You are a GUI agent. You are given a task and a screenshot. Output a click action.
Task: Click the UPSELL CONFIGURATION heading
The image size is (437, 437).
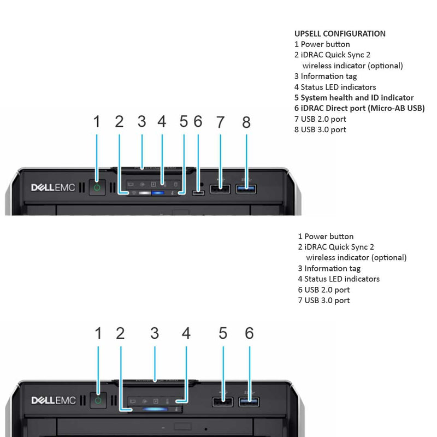(x=340, y=34)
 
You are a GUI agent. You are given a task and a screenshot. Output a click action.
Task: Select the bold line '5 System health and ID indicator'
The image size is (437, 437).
(x=354, y=98)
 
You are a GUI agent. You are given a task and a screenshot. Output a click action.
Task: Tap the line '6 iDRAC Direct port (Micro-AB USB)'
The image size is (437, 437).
(x=359, y=108)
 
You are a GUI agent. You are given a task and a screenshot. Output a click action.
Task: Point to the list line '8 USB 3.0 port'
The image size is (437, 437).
(x=320, y=129)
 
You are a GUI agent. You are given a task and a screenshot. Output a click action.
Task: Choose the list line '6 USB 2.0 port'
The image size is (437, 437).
(x=324, y=290)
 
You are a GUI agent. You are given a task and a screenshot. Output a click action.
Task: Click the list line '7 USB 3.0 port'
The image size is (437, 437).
(x=324, y=300)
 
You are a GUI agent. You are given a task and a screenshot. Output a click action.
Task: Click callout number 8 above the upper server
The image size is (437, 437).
(x=246, y=122)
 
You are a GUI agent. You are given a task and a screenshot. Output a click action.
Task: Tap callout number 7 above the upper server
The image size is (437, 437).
(x=220, y=122)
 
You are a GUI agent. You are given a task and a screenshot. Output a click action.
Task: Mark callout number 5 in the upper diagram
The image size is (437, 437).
(x=184, y=121)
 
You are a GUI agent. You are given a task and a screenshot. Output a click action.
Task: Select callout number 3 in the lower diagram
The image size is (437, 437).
(x=155, y=333)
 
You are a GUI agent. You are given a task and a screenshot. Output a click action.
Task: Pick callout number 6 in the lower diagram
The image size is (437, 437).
(x=249, y=333)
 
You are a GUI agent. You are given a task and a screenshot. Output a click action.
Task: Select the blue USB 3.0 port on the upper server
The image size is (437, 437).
(x=246, y=188)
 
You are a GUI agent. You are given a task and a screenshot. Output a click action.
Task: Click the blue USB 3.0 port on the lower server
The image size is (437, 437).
(x=249, y=401)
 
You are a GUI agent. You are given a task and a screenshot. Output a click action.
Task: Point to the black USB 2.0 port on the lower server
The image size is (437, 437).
(x=222, y=401)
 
